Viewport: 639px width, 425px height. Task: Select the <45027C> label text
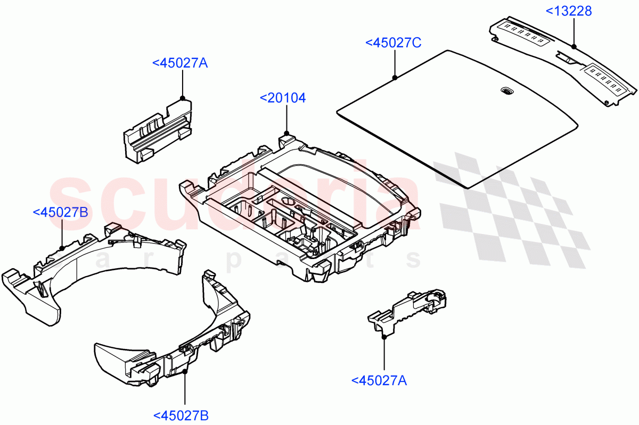tap(393, 43)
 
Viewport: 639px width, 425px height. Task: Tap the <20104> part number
tap(283, 98)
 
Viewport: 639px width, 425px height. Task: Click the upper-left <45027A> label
tap(179, 63)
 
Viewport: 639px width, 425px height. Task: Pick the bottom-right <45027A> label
tap(379, 380)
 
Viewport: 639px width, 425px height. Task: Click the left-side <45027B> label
tap(60, 212)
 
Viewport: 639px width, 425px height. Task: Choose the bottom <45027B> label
tap(181, 415)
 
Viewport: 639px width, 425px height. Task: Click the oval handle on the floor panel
tap(505, 91)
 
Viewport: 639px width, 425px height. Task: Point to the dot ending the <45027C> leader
tap(395, 78)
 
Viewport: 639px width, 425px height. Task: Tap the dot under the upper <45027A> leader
tap(183, 98)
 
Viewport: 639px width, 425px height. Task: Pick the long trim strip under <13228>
tap(564, 59)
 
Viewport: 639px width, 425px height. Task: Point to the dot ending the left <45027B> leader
tap(62, 247)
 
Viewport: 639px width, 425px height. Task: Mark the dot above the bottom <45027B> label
tap(184, 370)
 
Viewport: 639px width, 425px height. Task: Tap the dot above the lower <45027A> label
tap(383, 336)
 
